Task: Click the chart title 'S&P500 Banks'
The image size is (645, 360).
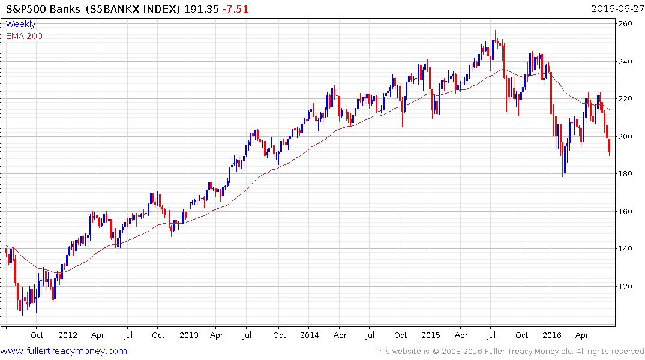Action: coord(39,9)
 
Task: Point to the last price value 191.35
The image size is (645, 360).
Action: coord(202,9)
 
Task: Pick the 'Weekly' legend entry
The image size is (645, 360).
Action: coord(20,25)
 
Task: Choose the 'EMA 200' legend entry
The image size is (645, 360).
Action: coord(24,36)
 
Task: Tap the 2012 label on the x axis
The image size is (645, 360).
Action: coord(67,335)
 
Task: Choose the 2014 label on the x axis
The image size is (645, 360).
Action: coord(310,335)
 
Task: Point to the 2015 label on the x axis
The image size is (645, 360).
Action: coord(431,335)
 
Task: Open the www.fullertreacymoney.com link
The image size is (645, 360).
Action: coord(64,351)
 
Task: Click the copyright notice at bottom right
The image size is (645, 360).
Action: coord(509,351)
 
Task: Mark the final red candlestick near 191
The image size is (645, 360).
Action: coord(610,146)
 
